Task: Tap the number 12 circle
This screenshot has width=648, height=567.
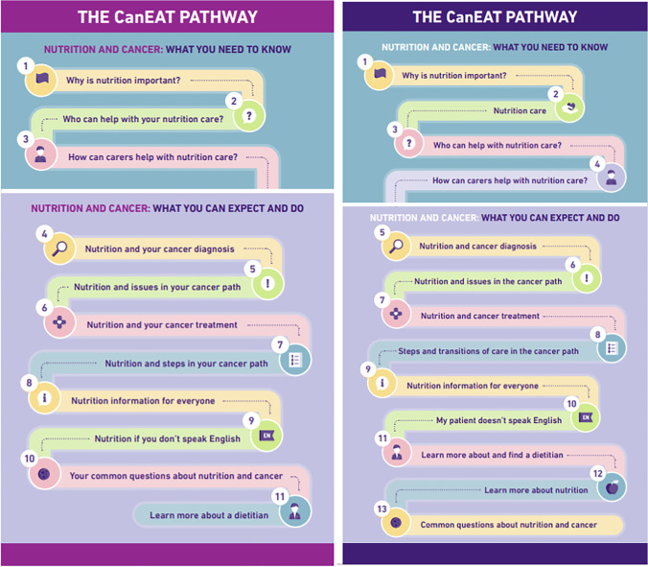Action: [596, 472]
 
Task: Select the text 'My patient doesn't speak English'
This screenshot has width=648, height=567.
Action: [498, 420]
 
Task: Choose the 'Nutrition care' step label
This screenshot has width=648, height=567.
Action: [520, 110]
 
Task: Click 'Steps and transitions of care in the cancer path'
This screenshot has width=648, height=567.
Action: [488, 351]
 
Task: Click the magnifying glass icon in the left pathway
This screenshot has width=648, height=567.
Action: [59, 249]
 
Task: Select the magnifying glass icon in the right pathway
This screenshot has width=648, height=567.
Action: [394, 246]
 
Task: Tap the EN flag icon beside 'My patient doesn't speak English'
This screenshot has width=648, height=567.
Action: [587, 416]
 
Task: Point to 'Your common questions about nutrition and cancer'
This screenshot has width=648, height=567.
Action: [176, 476]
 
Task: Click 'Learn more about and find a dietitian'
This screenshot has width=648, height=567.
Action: [492, 455]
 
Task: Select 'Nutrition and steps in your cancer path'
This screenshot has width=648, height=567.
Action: [186, 364]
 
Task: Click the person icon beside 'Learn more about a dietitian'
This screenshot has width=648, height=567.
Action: [294, 510]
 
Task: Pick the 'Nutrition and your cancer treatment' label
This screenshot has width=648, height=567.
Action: [162, 324]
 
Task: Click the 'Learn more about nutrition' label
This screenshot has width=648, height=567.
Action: [536, 490]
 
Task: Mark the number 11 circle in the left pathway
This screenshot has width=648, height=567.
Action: [281, 496]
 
